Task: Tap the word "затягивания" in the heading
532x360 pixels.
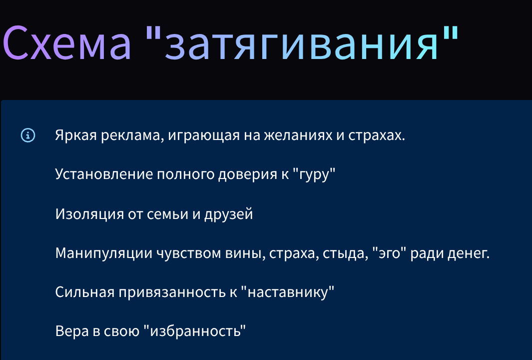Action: [x=303, y=43]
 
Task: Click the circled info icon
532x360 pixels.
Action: [x=28, y=134]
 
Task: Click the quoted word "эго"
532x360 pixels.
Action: [x=392, y=253]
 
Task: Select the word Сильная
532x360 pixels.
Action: [x=84, y=292]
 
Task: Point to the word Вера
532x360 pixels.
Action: [x=71, y=331]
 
